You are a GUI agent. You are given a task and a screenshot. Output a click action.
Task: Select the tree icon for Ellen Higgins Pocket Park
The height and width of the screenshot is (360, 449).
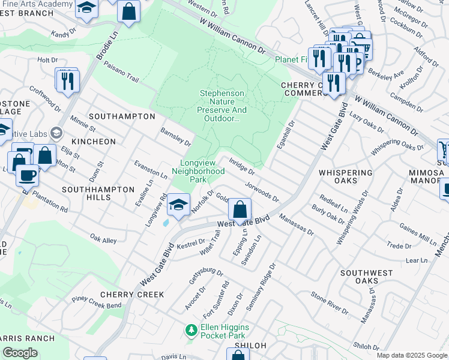pyautogui.click(x=191, y=330)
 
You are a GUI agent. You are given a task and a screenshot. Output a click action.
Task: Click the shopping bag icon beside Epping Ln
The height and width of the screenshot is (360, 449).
pyautogui.click(x=240, y=210)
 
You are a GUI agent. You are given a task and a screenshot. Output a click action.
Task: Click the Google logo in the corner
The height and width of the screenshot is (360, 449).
pyautogui.click(x=20, y=353)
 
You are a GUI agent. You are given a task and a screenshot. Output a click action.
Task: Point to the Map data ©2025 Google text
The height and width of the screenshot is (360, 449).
pyautogui.click(x=411, y=355)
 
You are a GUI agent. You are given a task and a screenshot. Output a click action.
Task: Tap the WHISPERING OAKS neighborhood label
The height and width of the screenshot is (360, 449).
pyautogui.click(x=346, y=173)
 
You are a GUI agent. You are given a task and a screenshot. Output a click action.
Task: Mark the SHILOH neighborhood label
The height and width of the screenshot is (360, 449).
pyautogui.click(x=250, y=344)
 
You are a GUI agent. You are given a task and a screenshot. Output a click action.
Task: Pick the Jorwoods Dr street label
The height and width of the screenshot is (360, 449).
pyautogui.click(x=262, y=189)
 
